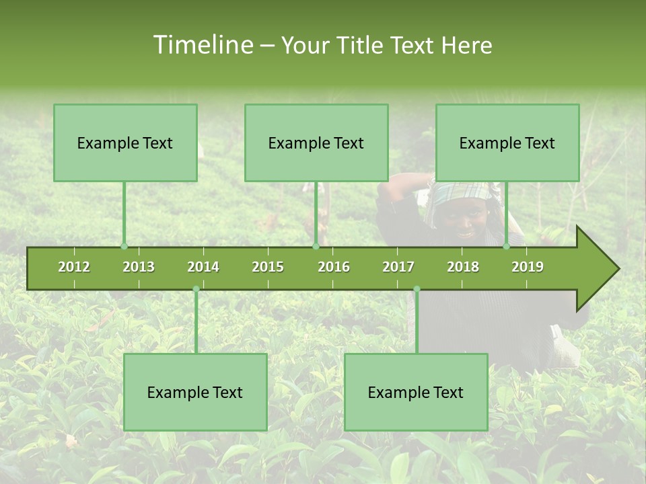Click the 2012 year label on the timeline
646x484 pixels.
pyautogui.click(x=74, y=267)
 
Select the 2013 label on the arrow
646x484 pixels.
pyautogui.click(x=139, y=267)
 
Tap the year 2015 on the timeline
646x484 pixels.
pyautogui.click(x=268, y=267)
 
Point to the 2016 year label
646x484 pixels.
pyautogui.click(x=334, y=267)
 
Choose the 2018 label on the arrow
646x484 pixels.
pyautogui.click(x=463, y=267)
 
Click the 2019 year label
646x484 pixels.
pyautogui.click(x=528, y=267)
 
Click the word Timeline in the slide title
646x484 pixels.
pyautogui.click(x=202, y=45)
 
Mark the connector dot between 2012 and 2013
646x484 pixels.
pyautogui.click(x=124, y=247)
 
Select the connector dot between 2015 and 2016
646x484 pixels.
pyautogui.click(x=316, y=247)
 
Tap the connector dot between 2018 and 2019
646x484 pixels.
pyautogui.click(x=507, y=247)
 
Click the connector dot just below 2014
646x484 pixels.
pyautogui.click(x=196, y=289)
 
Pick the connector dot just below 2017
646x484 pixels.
pyautogui.click(x=417, y=289)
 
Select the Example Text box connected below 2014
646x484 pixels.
pyautogui.click(x=195, y=392)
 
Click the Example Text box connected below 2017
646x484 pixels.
pyautogui.click(x=416, y=392)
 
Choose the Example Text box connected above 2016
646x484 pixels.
pyautogui.click(x=316, y=143)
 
